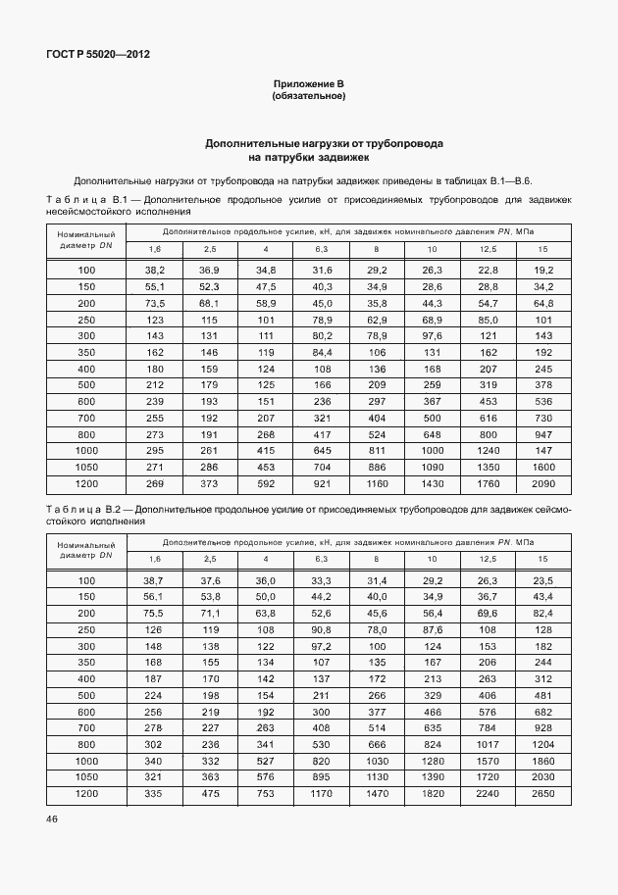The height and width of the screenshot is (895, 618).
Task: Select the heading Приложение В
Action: (308, 85)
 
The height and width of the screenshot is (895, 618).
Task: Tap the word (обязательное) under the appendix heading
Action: (308, 97)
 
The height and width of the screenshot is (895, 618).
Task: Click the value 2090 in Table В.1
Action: (542, 483)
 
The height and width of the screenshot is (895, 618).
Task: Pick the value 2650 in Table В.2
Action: (542, 795)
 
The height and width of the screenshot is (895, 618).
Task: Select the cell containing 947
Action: (542, 433)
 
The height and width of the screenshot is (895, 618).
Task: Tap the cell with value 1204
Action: (542, 745)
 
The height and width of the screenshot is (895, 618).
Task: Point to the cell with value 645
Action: (322, 450)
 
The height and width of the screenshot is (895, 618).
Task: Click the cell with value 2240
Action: (488, 795)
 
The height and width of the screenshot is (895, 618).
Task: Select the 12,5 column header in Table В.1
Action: (488, 250)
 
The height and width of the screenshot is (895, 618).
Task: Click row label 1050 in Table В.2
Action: (87, 778)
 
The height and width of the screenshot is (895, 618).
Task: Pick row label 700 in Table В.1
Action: (87, 418)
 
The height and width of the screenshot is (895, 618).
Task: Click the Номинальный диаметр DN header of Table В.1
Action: (87, 240)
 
